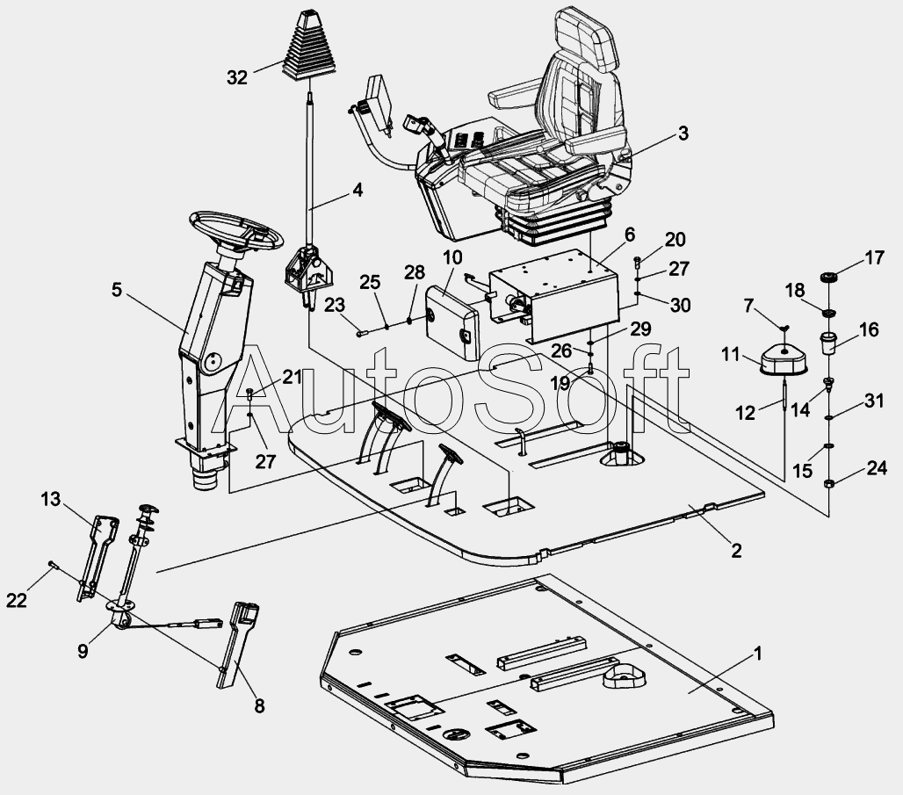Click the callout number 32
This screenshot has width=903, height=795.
point(236,77)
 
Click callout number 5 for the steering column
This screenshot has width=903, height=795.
point(117,290)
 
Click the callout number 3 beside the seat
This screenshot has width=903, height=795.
point(683,133)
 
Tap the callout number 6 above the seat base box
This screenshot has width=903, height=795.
point(630,234)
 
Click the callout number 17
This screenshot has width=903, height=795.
point(874,257)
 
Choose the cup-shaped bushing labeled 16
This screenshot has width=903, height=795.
point(828,343)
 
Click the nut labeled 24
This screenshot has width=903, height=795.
point(828,483)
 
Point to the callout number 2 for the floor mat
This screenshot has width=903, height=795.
point(737,551)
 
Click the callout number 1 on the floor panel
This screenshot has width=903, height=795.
point(758,654)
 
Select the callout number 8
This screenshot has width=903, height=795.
point(260,705)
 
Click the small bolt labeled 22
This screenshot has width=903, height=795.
point(53,565)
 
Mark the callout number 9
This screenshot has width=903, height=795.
point(83,651)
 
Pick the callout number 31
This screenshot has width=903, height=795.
point(874,401)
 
